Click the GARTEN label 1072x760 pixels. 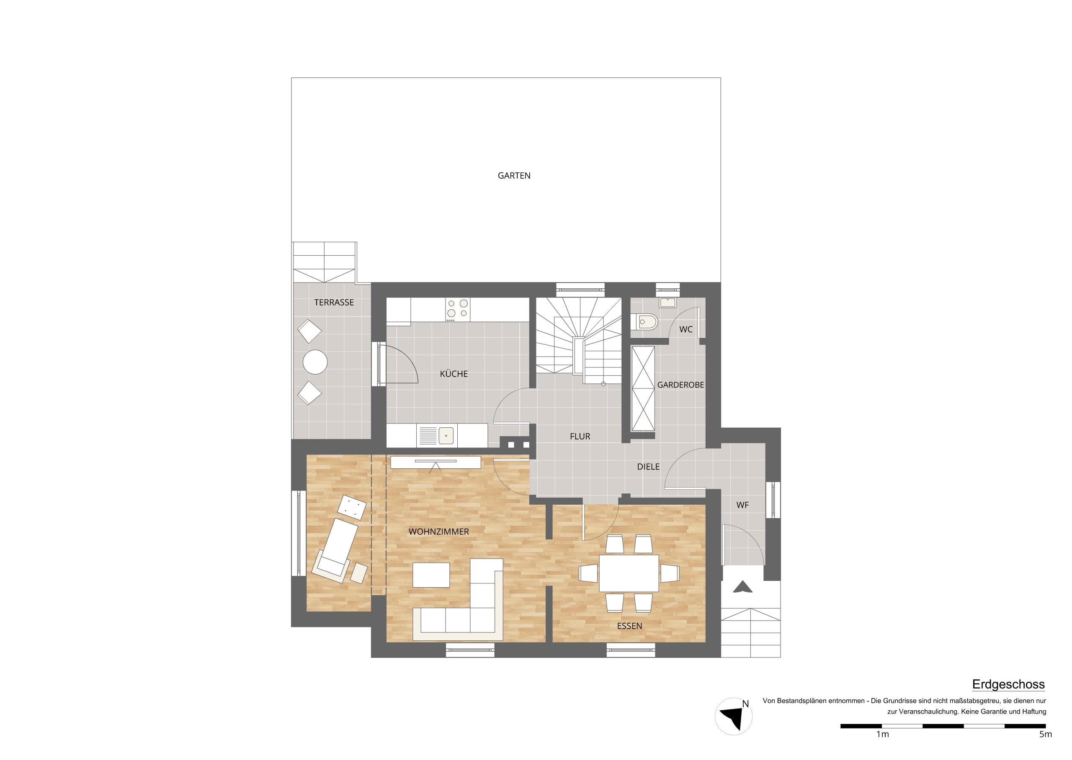point(513,176)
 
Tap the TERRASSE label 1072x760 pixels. point(334,303)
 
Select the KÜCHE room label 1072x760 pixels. point(454,374)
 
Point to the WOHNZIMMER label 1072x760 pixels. point(438,531)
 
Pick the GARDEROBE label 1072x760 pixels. point(680,385)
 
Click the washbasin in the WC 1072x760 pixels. point(667,302)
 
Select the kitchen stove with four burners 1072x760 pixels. point(457,309)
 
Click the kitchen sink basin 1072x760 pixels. point(446,436)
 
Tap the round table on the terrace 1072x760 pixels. point(315,362)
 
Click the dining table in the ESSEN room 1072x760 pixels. point(629,573)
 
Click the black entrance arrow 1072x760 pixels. point(742,587)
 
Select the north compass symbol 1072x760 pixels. point(734,716)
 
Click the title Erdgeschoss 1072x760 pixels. point(1008,685)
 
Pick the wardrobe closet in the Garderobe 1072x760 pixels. point(643,388)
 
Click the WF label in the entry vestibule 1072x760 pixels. point(742,506)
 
